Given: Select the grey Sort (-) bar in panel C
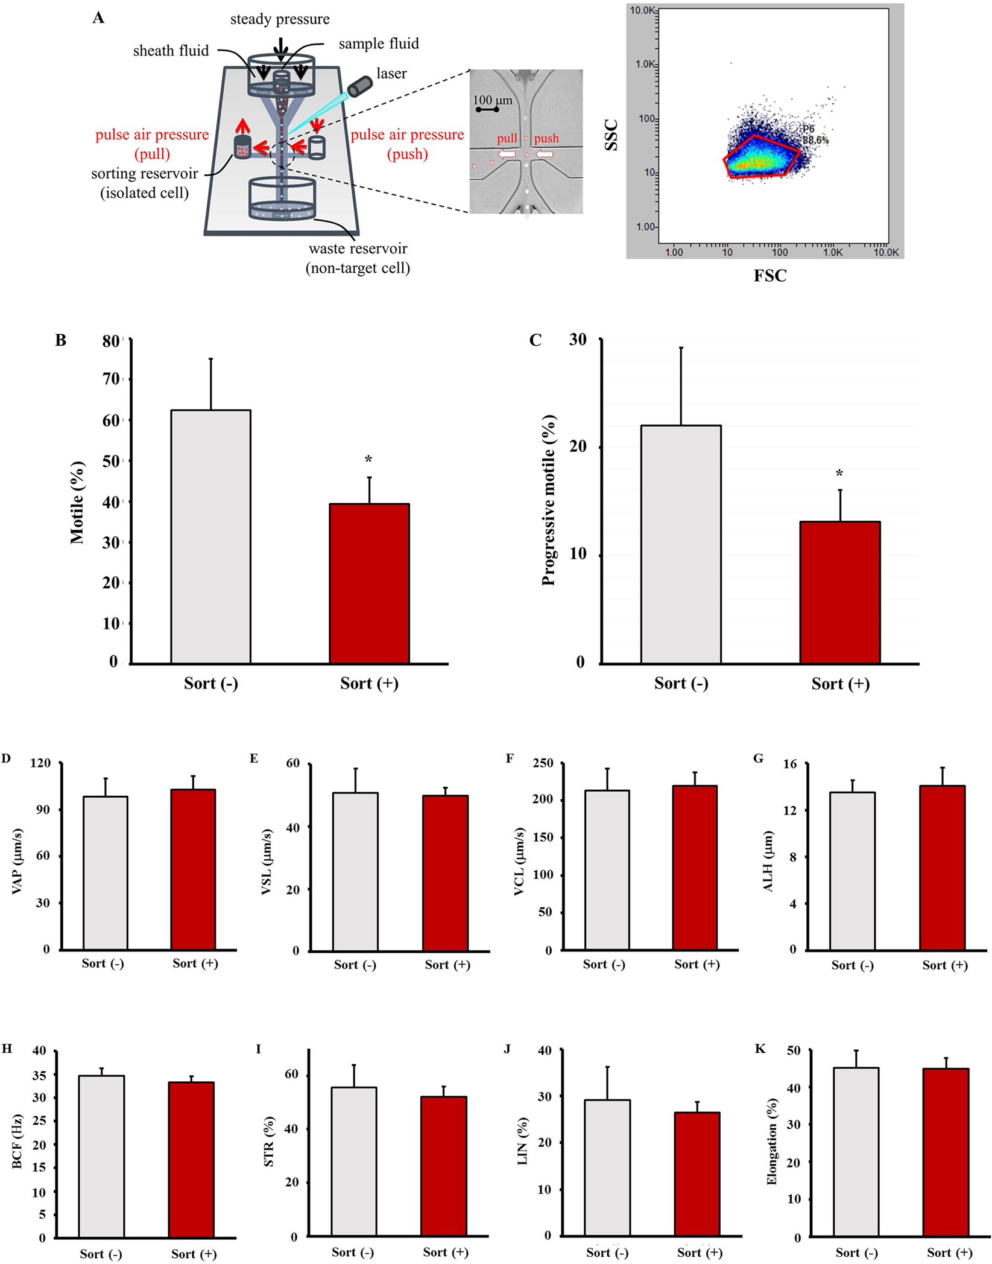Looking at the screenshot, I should coord(681,544).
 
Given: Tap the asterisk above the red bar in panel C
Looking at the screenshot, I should coord(839,474).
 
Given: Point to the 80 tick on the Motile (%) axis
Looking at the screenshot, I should coord(111,341).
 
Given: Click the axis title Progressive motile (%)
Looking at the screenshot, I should coord(548,500).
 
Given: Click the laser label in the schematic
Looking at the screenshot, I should coord(391,74).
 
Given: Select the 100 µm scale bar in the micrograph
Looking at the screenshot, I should coord(487,110).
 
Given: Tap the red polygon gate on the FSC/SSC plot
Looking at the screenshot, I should coord(761,157).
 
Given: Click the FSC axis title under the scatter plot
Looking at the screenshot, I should coord(770,276).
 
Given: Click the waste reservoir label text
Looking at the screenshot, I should coord(358,249).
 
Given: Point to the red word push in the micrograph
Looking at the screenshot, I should coord(546,138).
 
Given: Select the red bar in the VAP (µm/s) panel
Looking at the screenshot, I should coord(193,869).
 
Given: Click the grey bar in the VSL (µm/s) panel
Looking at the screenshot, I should coord(355,872).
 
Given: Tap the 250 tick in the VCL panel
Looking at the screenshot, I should coord(543,763).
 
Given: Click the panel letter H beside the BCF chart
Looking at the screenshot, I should coord(7,1048).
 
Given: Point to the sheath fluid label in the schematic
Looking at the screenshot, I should coord(171,51).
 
